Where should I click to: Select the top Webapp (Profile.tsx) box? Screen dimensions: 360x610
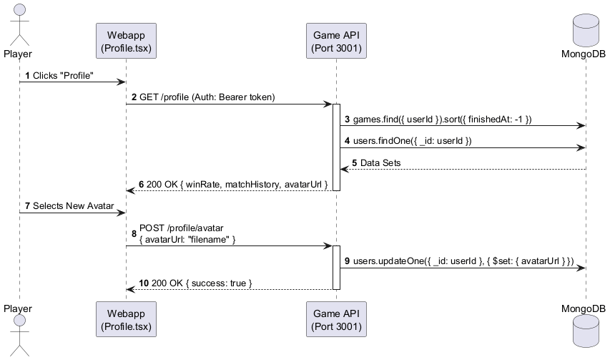127,42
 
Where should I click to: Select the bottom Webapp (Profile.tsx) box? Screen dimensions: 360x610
127,319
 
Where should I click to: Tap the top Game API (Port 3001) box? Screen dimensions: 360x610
336,42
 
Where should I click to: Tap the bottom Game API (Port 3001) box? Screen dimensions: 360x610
336,319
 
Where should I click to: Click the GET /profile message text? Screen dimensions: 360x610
207,97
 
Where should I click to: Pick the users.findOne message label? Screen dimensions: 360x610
412,141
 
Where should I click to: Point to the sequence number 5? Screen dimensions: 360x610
355,163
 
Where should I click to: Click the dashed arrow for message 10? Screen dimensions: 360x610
229,290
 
